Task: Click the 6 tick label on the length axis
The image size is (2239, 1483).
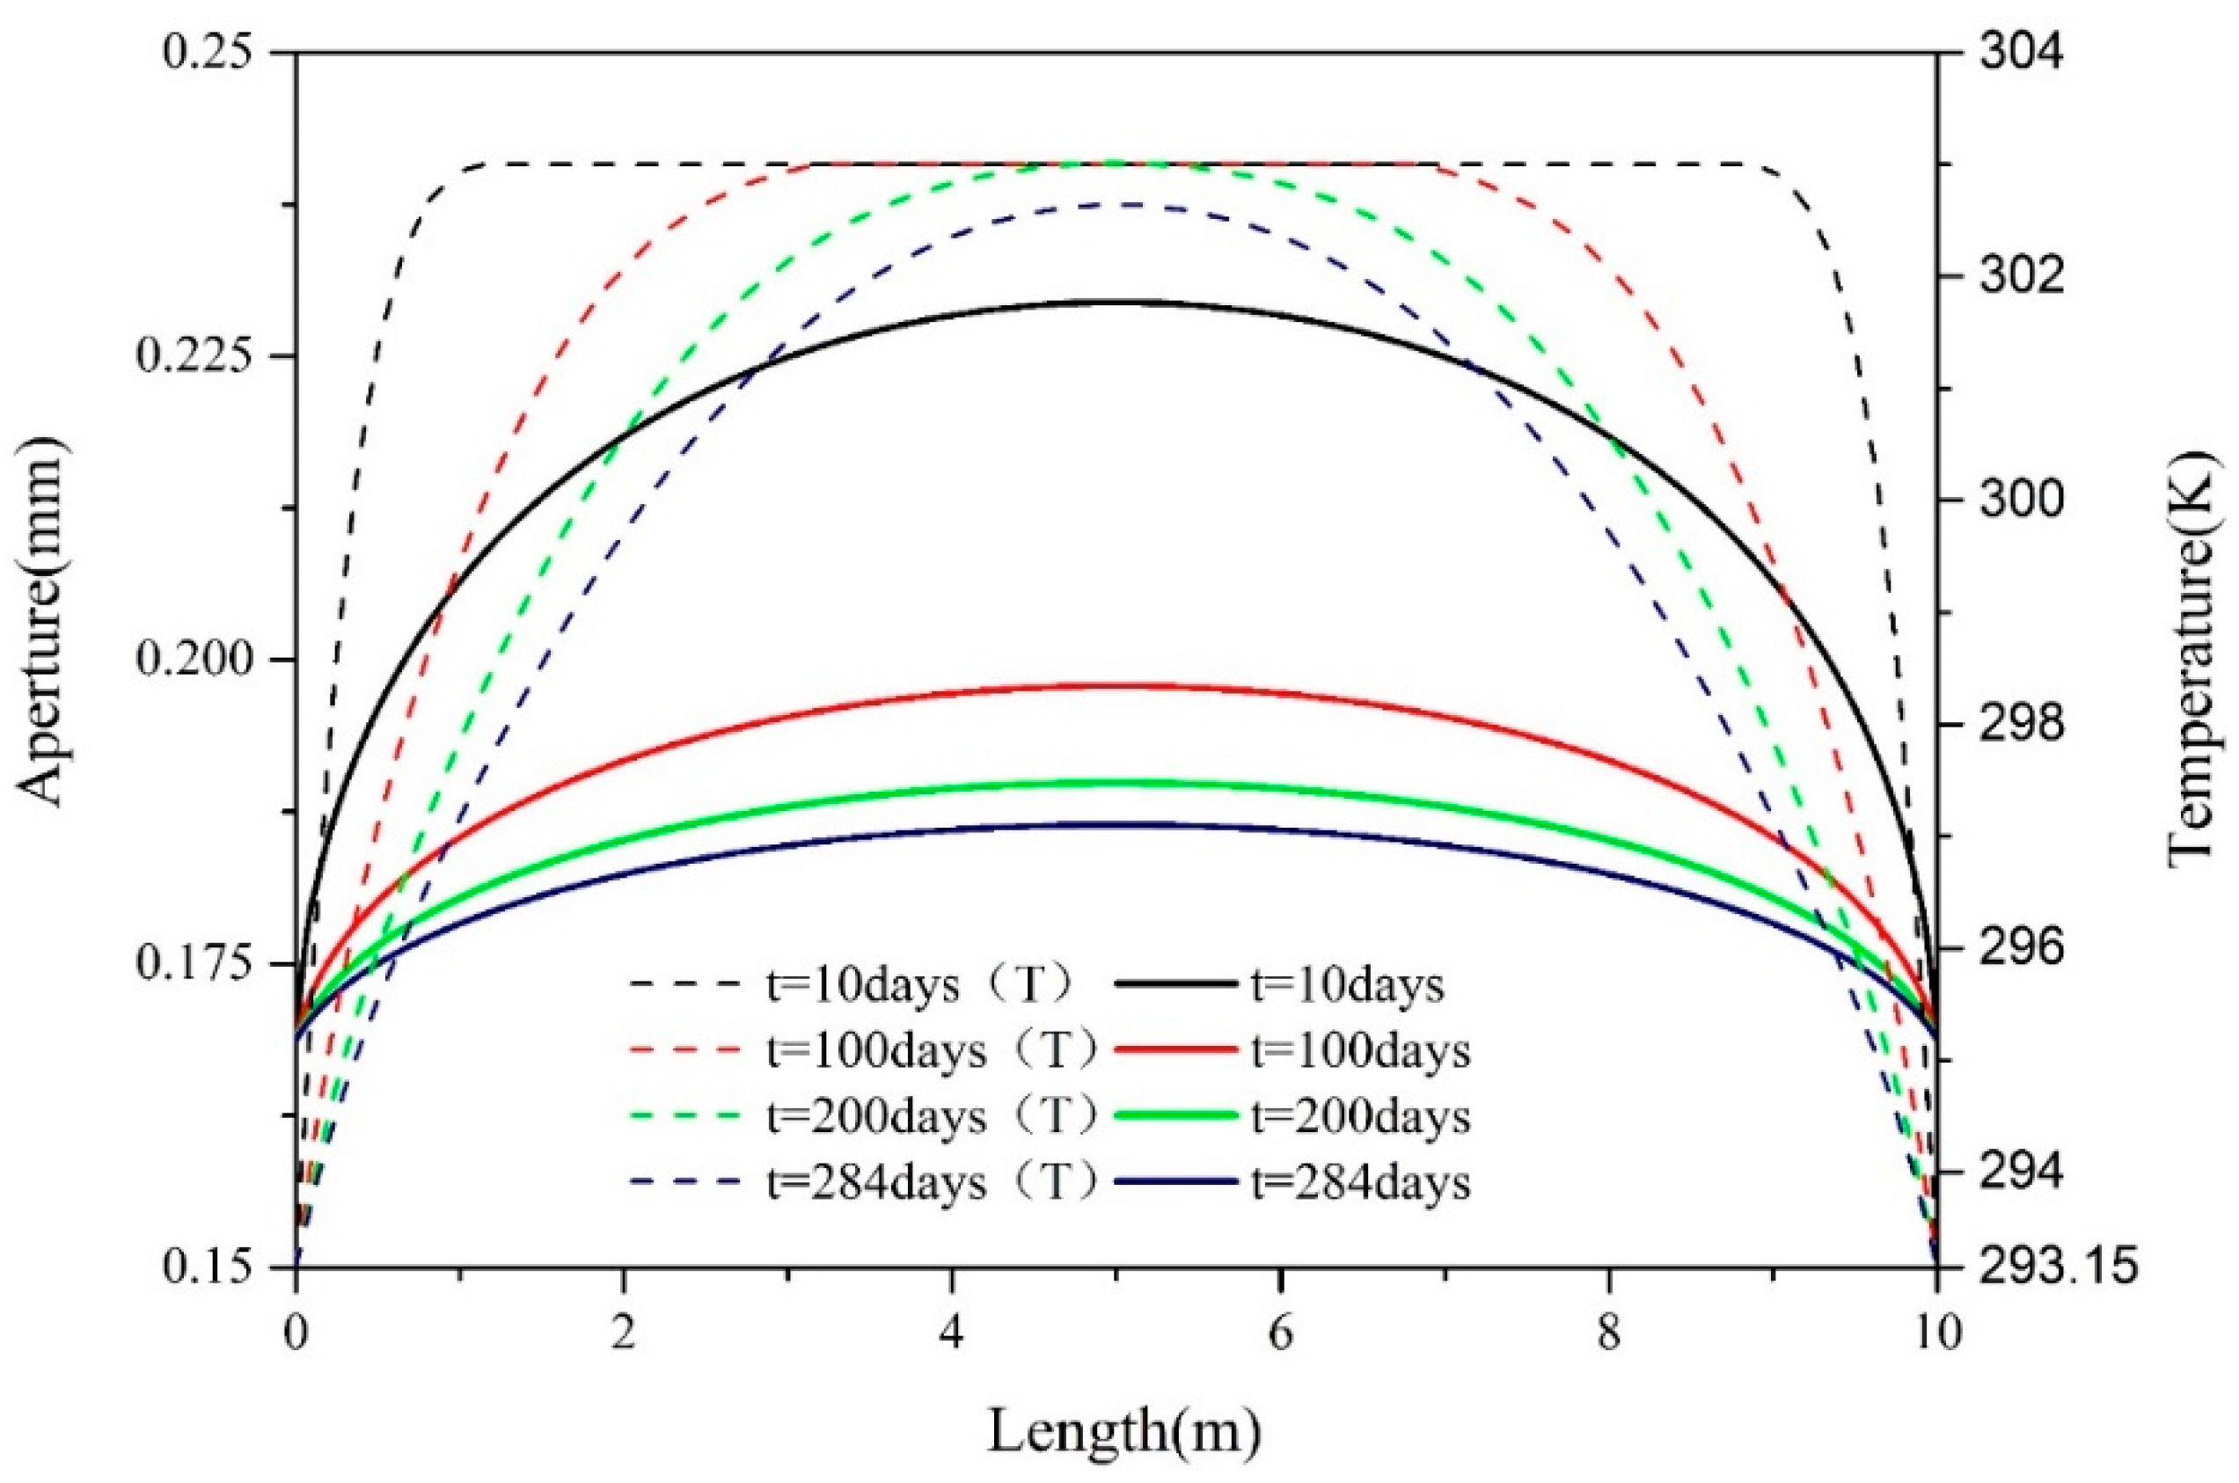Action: coord(1279,1333)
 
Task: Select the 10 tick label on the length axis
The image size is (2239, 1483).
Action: coord(1935,1333)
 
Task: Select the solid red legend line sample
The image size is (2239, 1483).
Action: coord(1175,1051)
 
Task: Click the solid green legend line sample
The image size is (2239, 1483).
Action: coord(1175,1116)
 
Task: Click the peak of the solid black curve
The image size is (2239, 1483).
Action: coord(1116,302)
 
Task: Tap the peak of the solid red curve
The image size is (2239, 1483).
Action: coord(1116,684)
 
